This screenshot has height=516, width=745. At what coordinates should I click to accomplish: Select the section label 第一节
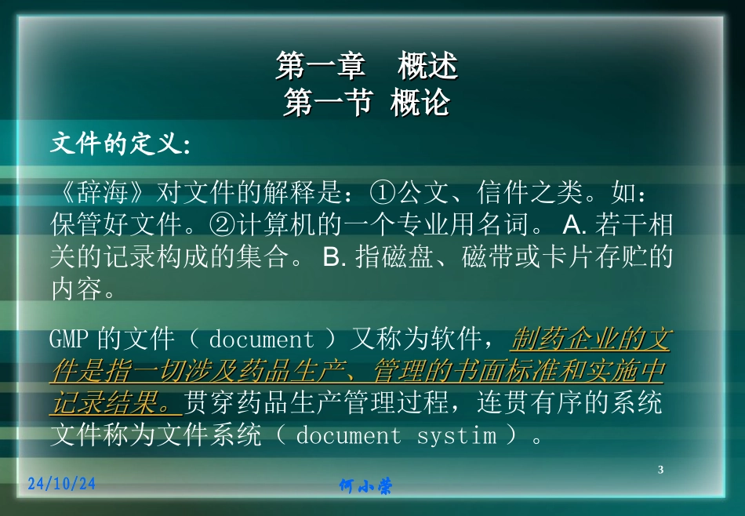[327, 103]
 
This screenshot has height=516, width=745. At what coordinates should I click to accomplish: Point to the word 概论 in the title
[420, 103]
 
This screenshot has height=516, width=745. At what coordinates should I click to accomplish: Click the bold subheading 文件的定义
[119, 144]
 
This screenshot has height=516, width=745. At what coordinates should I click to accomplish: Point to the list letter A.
[575, 226]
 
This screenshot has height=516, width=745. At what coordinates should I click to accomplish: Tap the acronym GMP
[71, 340]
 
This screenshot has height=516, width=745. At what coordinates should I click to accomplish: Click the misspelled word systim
[456, 436]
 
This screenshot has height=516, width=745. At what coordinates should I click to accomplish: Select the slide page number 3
[660, 470]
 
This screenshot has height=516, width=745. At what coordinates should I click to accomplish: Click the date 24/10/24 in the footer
[61, 484]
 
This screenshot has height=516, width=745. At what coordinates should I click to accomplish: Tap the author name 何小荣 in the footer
[365, 487]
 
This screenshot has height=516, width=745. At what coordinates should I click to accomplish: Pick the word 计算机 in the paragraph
[275, 226]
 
